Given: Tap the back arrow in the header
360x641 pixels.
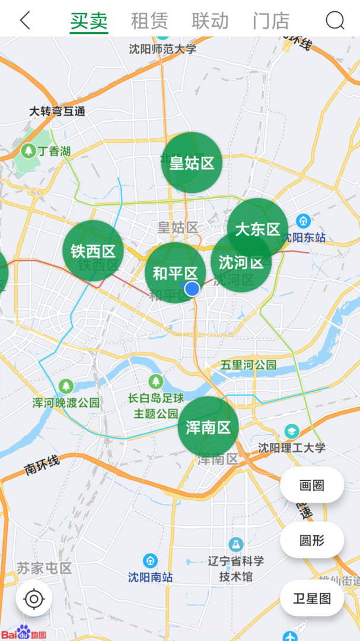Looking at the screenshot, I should click(x=25, y=20).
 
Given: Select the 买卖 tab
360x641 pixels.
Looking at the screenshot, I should click(x=89, y=21).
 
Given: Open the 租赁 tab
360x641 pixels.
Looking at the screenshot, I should click(x=149, y=21).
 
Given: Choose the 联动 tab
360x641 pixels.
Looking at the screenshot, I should click(x=210, y=21).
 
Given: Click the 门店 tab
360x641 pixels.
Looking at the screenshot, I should click(x=271, y=21).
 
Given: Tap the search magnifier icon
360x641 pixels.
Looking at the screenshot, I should click(x=334, y=21).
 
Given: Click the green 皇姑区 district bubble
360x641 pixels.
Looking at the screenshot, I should click(x=192, y=163).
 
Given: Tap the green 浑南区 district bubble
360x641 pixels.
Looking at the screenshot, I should click(x=208, y=427).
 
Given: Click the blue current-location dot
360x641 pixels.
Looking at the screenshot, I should click(x=192, y=288).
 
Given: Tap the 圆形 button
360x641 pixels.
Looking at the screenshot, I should click(x=312, y=540).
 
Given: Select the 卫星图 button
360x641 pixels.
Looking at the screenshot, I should click(x=312, y=598).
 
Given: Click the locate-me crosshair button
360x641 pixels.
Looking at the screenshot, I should click(x=34, y=599).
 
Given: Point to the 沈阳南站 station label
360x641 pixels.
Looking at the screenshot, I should click(x=151, y=576).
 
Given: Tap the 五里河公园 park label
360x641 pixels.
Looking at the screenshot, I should click(x=249, y=364).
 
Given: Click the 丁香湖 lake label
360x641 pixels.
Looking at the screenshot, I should click(x=54, y=151).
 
